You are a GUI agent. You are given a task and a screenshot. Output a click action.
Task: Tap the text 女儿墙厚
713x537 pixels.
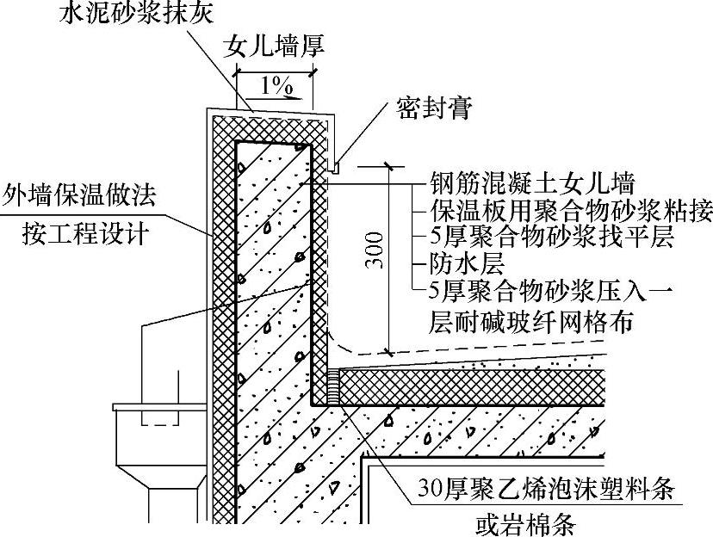[273, 46]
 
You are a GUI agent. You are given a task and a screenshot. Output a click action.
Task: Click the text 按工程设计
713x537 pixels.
[79, 232]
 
